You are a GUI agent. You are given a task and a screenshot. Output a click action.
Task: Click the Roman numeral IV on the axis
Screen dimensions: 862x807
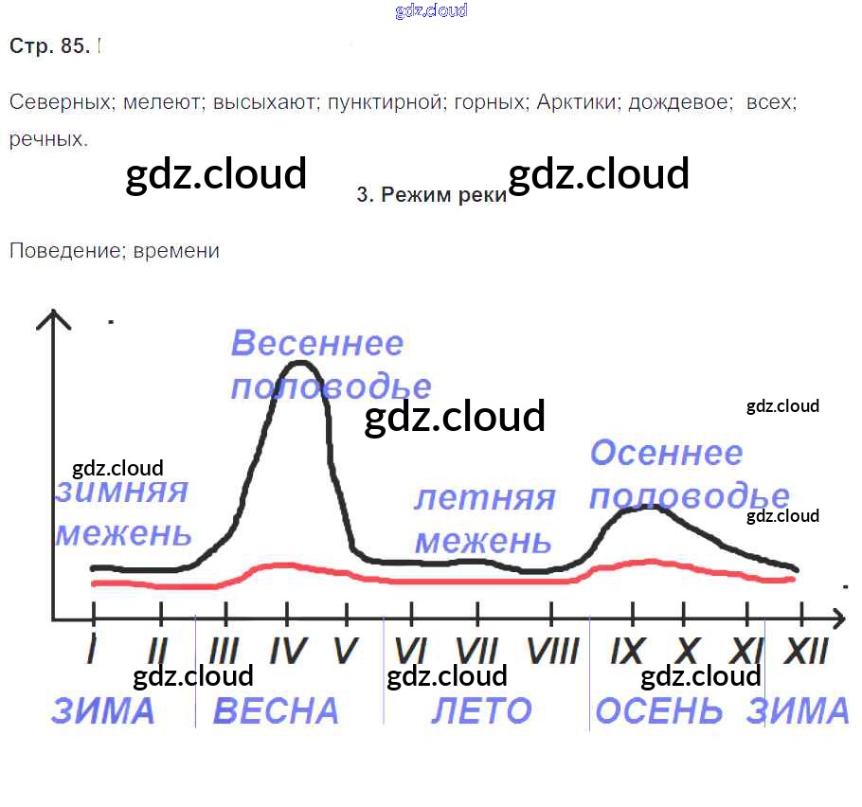point(288,651)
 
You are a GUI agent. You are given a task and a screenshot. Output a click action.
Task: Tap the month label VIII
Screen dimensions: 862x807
point(553,651)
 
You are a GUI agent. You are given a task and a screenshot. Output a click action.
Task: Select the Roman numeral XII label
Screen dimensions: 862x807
point(806,651)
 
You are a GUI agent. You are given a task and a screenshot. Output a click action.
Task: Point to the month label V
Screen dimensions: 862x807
point(347,651)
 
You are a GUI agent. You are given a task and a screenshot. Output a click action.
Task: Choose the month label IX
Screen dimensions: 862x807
point(627,651)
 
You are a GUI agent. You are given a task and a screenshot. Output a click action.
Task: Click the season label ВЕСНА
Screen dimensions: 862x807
point(276,710)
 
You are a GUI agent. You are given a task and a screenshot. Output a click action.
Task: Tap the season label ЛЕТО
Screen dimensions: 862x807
point(481,710)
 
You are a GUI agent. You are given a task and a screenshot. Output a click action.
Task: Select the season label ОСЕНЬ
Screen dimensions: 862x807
point(658,710)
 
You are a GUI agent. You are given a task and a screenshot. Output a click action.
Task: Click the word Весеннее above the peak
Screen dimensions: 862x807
point(317,343)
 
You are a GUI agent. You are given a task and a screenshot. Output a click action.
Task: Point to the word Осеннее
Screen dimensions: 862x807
point(666,453)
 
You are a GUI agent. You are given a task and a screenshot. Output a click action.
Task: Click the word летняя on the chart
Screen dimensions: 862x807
point(484,498)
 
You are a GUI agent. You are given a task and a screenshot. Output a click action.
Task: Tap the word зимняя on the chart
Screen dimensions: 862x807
point(122,491)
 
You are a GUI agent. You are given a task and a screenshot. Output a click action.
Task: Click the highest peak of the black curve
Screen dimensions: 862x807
point(300,363)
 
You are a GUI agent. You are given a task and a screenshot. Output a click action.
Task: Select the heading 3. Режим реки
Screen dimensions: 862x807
point(432,194)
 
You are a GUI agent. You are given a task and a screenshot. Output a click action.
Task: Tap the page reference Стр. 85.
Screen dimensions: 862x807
point(49,45)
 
